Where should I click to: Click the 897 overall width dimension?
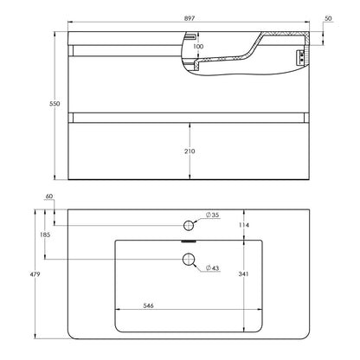190,18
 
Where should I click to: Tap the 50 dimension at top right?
328,18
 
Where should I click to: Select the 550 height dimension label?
55,104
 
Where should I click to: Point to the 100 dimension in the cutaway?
198,46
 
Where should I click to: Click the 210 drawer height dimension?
190,151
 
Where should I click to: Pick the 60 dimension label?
49,196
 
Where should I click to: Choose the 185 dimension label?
45,235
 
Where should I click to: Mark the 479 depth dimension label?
35,274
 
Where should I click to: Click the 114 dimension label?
244,225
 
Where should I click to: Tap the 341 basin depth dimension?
244,273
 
